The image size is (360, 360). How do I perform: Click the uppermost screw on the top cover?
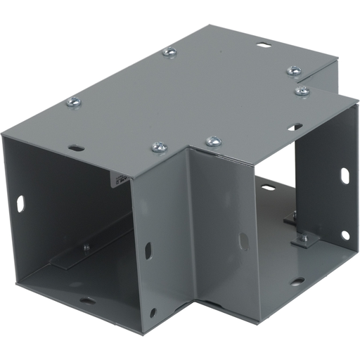pos(169,51)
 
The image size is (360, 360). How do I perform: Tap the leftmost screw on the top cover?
pos(73,103)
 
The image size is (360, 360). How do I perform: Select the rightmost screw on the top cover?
pos(302,91)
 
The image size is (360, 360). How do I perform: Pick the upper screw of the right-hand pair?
pos(294,70)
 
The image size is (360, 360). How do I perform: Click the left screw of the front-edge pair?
pos(159,148)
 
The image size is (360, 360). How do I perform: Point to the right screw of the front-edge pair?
pos(213,142)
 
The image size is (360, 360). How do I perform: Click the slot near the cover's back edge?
pos(264,46)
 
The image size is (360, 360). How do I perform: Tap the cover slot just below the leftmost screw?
pos(76,148)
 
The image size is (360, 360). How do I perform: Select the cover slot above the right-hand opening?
pos(295,127)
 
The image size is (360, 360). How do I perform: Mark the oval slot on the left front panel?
pos(148,250)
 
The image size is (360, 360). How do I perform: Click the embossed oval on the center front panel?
pos(243,241)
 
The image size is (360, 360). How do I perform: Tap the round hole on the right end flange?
pos(345,235)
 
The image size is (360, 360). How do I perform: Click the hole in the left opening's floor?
pos(87,301)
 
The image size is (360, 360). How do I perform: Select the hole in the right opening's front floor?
pos(297,281)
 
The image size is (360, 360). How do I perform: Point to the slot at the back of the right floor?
pos(268,188)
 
